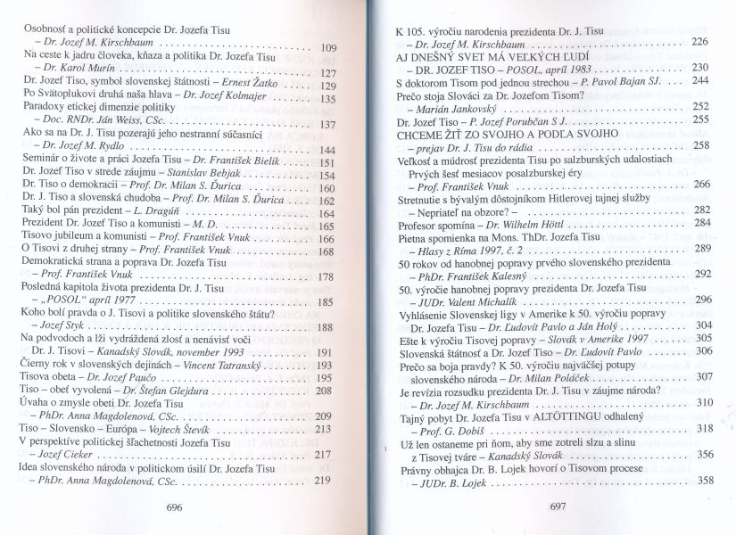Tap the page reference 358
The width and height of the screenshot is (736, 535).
coord(701,481)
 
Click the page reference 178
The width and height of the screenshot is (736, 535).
coord(326,277)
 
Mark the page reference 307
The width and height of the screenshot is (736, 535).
coord(701,377)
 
